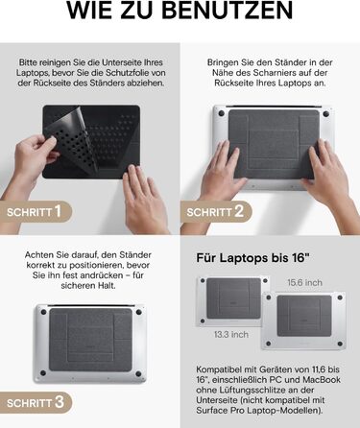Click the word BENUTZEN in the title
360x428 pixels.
coord(224,12)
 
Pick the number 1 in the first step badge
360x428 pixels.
coord(58,210)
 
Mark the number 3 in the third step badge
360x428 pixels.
coord(59,400)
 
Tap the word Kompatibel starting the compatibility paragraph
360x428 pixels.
coord(216,369)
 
